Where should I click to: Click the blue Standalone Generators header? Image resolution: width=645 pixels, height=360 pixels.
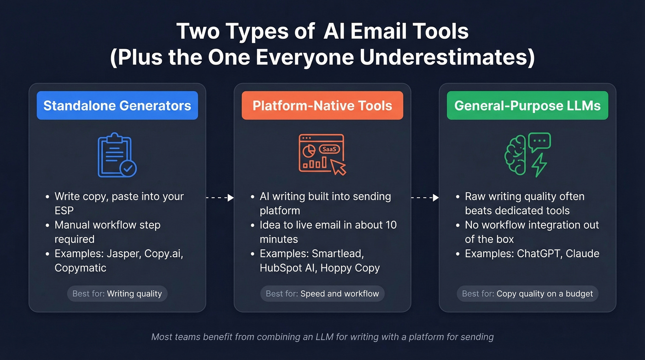(x=117, y=106)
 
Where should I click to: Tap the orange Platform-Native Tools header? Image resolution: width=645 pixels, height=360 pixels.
(x=322, y=106)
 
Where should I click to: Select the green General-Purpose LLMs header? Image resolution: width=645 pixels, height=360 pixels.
(x=527, y=106)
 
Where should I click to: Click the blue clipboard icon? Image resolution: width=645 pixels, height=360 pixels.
(x=114, y=155)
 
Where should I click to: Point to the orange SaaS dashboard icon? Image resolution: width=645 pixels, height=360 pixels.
(x=322, y=153)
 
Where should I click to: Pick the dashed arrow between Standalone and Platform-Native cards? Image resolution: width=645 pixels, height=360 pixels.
(x=220, y=197)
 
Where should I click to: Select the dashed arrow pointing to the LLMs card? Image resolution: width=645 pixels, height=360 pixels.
(x=425, y=197)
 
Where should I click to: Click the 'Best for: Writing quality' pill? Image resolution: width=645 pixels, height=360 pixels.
(x=117, y=294)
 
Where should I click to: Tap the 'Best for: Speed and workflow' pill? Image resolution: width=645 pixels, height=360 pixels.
(x=322, y=294)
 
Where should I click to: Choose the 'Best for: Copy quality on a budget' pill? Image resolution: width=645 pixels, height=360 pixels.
(x=527, y=294)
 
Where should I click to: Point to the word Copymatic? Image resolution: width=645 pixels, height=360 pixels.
(x=80, y=268)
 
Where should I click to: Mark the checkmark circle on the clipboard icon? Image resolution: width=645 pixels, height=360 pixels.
(x=128, y=169)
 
